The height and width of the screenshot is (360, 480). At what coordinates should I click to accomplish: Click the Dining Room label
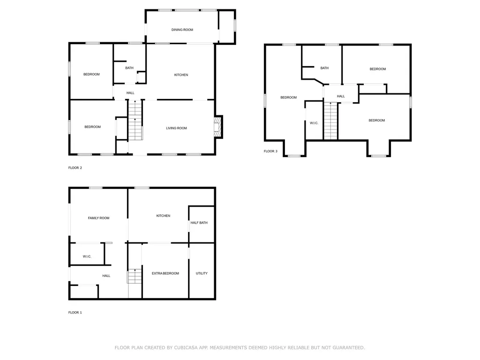pyautogui.click(x=182, y=30)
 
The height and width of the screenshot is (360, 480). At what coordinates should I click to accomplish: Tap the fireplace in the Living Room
pyautogui.click(x=217, y=127)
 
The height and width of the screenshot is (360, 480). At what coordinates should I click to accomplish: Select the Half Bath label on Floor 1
pyautogui.click(x=199, y=223)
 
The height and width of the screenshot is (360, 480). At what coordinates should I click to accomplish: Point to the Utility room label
pyautogui.click(x=202, y=273)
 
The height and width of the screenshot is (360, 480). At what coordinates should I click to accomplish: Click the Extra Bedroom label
pyautogui.click(x=165, y=273)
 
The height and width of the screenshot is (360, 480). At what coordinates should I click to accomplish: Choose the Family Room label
pyautogui.click(x=98, y=218)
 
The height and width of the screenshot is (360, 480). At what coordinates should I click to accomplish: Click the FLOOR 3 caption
pyautogui.click(x=270, y=151)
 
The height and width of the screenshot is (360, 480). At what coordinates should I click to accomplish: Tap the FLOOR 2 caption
pyautogui.click(x=75, y=167)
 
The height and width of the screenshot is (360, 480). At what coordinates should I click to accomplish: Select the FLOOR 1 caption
pyautogui.click(x=75, y=312)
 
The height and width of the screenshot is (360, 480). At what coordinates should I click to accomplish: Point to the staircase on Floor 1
pyautogui.click(x=135, y=276)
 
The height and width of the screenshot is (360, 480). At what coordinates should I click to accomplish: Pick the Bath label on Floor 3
pyautogui.click(x=324, y=68)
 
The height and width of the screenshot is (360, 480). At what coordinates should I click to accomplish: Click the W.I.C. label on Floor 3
pyautogui.click(x=314, y=123)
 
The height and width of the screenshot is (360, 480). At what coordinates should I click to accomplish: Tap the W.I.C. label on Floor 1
pyautogui.click(x=87, y=256)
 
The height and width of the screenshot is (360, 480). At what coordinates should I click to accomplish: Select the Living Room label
pyautogui.click(x=176, y=128)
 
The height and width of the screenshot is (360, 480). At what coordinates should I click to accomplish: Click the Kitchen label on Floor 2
pyautogui.click(x=181, y=75)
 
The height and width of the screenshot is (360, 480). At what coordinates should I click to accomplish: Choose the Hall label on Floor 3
pyautogui.click(x=341, y=96)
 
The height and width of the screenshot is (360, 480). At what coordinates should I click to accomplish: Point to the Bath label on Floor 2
pyautogui.click(x=129, y=68)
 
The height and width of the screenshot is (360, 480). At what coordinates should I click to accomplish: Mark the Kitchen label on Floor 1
pyautogui.click(x=163, y=216)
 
